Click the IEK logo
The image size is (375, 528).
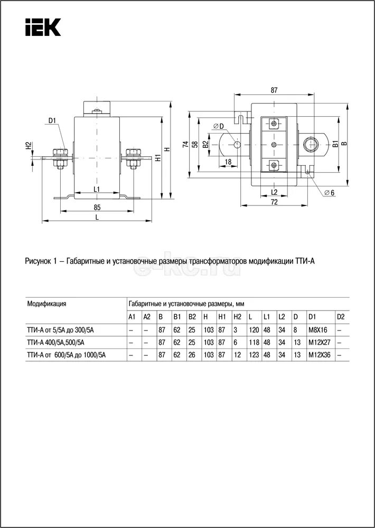[x=43, y=27]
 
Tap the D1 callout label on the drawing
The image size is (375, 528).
[x=52, y=121]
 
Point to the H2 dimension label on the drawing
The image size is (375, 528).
[x=29, y=146]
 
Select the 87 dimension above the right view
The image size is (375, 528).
[x=274, y=90]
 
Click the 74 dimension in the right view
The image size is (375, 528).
[x=185, y=144]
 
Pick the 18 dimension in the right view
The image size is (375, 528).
[x=228, y=162]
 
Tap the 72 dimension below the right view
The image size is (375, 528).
[x=274, y=202]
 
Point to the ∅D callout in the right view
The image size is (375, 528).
[x=219, y=126]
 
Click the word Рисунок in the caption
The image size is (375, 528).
[x=37, y=261]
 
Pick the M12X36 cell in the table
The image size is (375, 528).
[x=319, y=355]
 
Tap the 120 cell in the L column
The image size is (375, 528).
[x=254, y=329]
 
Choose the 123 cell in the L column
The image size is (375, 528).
[x=254, y=355]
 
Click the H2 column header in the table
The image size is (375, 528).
[x=237, y=317]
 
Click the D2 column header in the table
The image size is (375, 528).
[x=340, y=317]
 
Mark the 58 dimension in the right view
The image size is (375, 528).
[x=195, y=144]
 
